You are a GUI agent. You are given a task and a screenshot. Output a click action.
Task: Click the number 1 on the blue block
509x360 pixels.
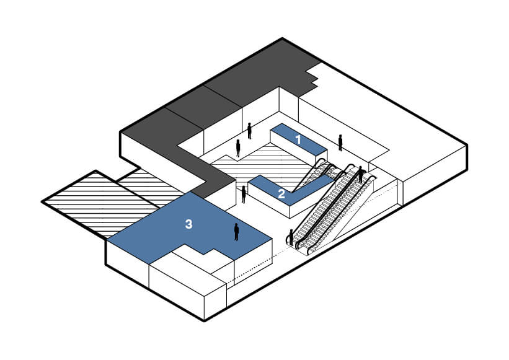pyautogui.click(x=298, y=140)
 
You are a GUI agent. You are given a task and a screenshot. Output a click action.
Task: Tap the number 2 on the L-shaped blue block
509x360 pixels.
pyautogui.click(x=281, y=194)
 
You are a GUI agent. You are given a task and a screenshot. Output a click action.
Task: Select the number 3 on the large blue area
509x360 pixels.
pyautogui.click(x=188, y=224)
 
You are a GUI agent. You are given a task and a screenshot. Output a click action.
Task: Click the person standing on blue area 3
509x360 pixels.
pyautogui.click(x=236, y=232)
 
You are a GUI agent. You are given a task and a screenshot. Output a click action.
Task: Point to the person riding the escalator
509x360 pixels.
pyautogui.click(x=360, y=175)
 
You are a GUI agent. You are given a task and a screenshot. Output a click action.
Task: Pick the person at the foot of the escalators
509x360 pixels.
pyautogui.click(x=291, y=237)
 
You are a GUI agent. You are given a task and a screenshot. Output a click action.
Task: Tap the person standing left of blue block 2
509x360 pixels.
pyautogui.click(x=244, y=195)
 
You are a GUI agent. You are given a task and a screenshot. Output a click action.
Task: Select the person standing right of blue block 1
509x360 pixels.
pyautogui.click(x=340, y=143)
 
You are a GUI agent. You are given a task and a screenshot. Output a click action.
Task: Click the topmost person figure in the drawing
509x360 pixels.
pyautogui.click(x=249, y=131)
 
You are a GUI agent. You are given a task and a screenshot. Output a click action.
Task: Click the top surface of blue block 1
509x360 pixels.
pyautogui.click(x=299, y=139)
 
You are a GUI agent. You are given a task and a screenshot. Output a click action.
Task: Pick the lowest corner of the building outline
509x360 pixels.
pyautogui.click(x=204, y=321)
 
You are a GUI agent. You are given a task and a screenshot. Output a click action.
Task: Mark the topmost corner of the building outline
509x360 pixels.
pyautogui.click(x=282, y=38)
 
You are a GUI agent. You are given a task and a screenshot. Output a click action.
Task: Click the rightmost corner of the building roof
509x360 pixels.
pyautogui.click(x=467, y=145)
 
